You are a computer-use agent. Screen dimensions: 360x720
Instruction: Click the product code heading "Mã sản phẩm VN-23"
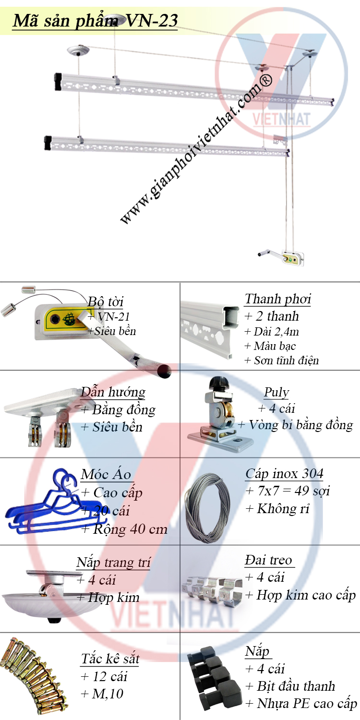point(95,21)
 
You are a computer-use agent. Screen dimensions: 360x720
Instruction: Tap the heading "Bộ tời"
point(106,302)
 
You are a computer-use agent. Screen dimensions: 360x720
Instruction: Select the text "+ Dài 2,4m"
point(272,331)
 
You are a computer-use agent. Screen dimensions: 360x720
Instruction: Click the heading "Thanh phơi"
point(278,299)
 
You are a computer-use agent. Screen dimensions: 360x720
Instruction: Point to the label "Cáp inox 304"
point(284,473)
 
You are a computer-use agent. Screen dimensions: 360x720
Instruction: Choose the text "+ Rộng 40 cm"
point(124,529)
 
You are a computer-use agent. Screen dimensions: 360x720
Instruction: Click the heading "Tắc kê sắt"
point(110,659)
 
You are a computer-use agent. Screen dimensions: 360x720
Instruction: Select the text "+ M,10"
point(102,694)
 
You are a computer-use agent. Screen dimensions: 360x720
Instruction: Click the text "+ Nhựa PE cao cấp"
point(301,704)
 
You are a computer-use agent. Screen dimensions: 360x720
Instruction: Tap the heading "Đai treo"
point(268,560)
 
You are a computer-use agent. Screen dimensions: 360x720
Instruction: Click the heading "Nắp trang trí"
point(113,563)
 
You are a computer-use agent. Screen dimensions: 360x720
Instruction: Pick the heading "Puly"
point(276,392)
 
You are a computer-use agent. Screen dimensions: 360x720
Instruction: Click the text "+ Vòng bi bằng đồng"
point(295,425)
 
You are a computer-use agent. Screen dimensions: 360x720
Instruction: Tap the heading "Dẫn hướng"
point(113,392)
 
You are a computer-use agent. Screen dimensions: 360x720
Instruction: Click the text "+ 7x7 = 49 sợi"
point(288,491)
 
